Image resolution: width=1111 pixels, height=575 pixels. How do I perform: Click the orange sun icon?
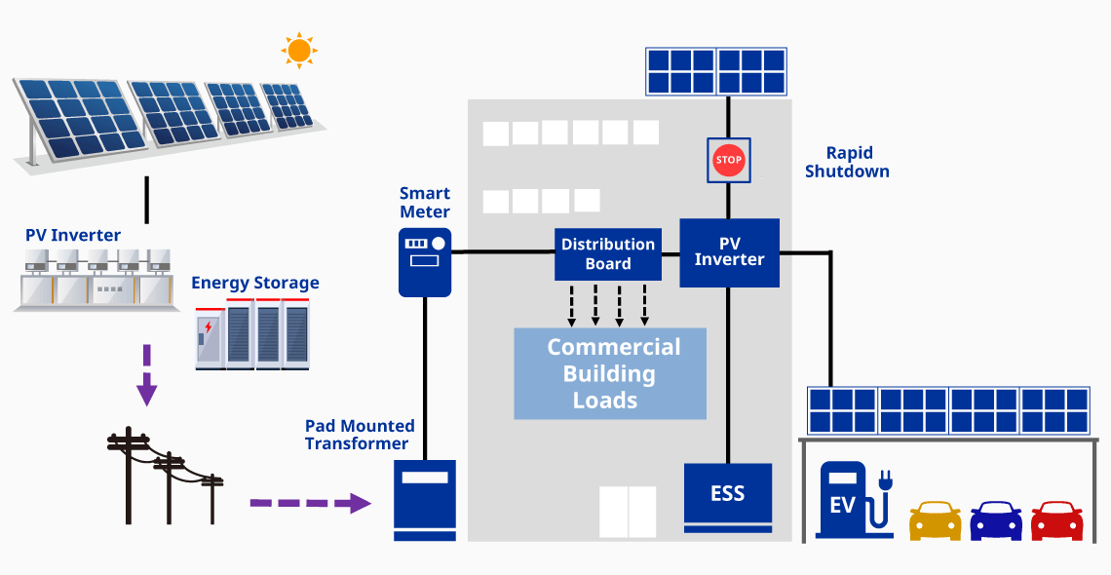299,50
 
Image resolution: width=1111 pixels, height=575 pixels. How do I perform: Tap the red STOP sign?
728,160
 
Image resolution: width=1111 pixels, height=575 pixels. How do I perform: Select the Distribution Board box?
608,253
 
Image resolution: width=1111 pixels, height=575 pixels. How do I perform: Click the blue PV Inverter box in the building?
729,252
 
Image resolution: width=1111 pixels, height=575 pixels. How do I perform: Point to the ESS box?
728,494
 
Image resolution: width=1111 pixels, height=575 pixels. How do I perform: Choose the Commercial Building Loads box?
610,374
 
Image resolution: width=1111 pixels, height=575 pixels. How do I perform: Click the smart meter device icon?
425,261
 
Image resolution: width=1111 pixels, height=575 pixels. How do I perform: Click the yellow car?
935,521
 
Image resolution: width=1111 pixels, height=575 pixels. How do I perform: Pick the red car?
1056,521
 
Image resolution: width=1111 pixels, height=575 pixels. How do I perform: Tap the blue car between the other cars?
995,521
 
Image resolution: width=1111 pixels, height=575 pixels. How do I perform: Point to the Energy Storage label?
255,284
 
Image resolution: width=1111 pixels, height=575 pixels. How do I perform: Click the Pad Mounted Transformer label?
360,435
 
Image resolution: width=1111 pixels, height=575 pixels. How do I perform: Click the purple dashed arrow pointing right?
310,503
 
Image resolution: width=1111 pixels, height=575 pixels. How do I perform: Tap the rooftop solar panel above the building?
716,71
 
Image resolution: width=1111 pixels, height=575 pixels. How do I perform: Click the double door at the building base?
628,512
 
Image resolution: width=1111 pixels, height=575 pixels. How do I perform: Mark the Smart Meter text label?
425,203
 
